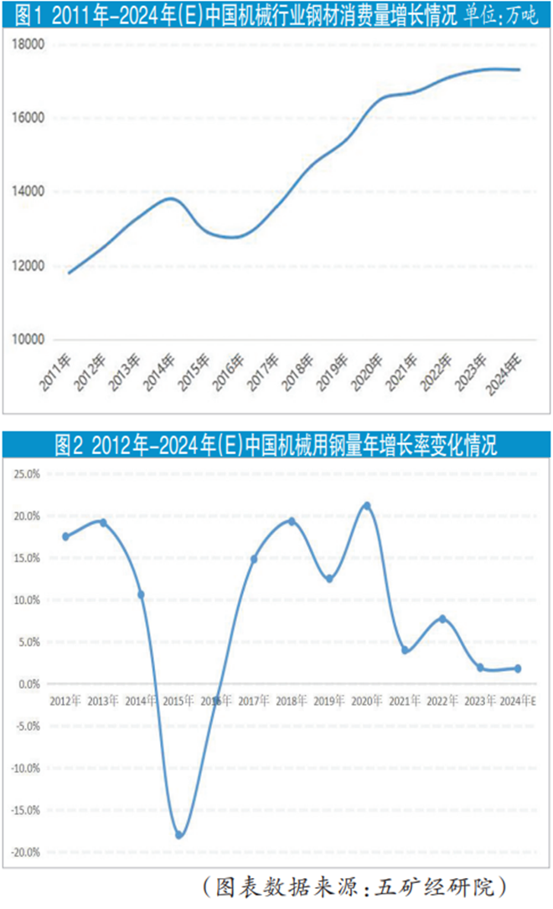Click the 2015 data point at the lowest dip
[179, 835]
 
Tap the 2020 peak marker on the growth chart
[367, 506]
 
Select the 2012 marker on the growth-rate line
[65, 536]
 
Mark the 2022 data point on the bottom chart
[442, 618]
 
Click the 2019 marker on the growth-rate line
[329, 579]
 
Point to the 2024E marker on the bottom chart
[518, 669]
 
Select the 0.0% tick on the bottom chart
[27, 684]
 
